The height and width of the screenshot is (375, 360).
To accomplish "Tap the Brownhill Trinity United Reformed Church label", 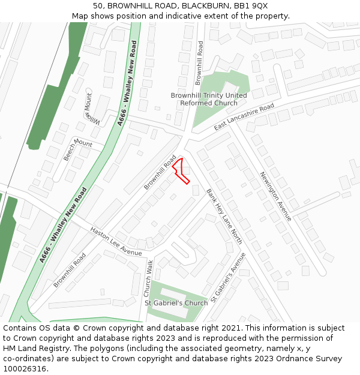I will pos(209,99).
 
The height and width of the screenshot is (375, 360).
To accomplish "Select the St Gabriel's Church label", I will pos(176,303).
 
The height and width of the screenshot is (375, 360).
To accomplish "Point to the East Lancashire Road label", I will pos(244,117).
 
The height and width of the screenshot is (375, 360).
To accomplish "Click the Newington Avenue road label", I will pos(275,196).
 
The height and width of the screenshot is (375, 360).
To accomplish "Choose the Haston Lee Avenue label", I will pos(116,241).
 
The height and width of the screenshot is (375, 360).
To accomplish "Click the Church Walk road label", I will pos(148,278).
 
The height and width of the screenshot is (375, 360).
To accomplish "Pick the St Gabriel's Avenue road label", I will pos(229,277).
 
